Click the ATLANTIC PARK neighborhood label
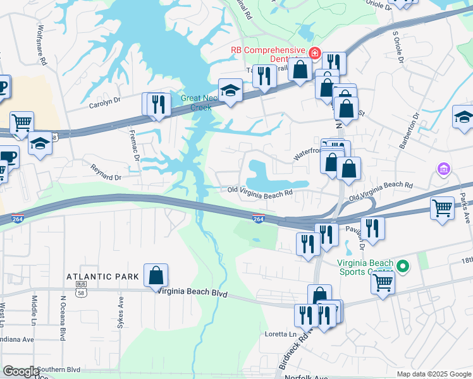pos(103,277)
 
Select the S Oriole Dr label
pos(399,47)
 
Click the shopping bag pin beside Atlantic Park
pos(156,275)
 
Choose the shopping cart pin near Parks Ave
pos(442,207)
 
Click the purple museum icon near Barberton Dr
pos(443,169)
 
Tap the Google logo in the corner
pos(21,371)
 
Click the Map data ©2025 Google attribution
pos(434,374)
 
